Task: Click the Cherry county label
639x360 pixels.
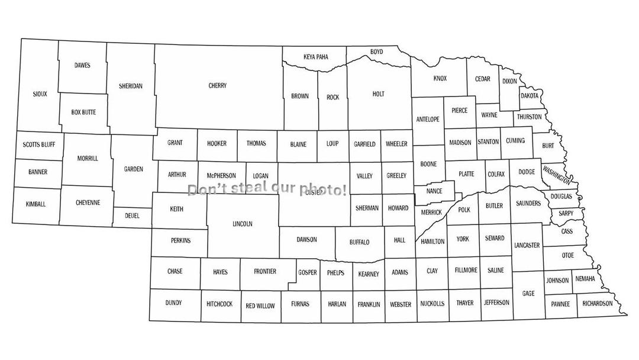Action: coord(218,86)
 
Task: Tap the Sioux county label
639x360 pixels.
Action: coord(40,94)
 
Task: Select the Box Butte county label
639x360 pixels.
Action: coord(83,112)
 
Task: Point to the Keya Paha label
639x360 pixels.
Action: coord(315,57)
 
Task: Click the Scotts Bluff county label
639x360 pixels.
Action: coord(39,144)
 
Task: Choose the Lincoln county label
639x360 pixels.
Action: coord(243,224)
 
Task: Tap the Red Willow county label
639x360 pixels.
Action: coord(260,306)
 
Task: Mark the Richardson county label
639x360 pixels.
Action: coord(598,304)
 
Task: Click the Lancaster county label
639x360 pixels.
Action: coord(527,245)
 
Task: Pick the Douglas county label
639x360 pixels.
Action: coord(561,197)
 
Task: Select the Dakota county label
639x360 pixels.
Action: coord(530,96)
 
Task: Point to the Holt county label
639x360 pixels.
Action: coord(379,94)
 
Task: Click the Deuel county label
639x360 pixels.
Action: coord(132,216)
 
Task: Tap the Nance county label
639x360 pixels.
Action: coord(434,191)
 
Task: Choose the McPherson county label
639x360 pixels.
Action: coord(221,176)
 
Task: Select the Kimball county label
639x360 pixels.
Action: coord(35,204)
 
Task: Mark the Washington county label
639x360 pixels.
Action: coord(557,175)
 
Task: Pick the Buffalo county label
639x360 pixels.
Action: coord(359,242)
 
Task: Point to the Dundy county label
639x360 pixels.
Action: coord(173,303)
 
